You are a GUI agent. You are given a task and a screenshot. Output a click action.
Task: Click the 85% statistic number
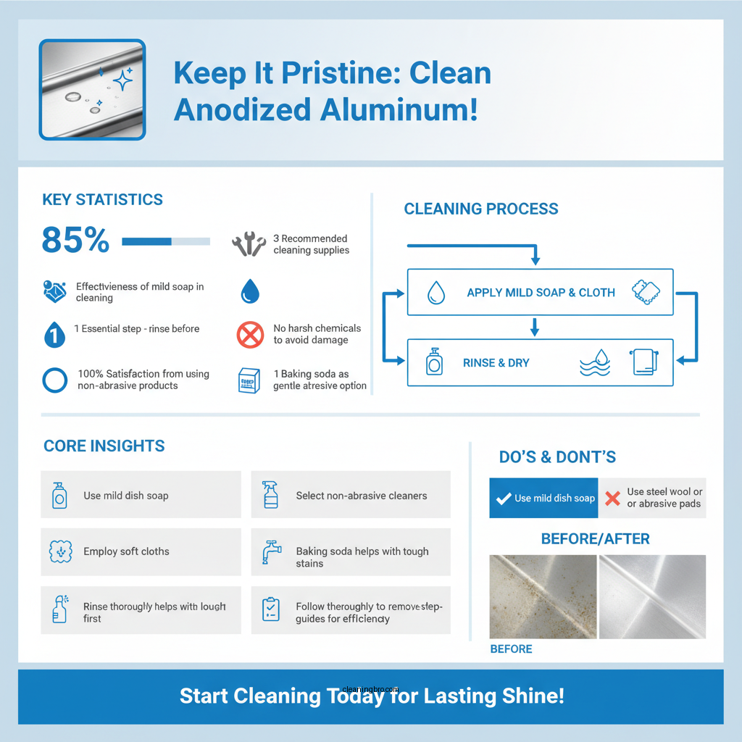click(x=75, y=241)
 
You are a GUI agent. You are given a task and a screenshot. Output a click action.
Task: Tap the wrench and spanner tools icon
click(x=249, y=244)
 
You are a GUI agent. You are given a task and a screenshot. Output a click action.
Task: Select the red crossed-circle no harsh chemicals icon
click(x=250, y=335)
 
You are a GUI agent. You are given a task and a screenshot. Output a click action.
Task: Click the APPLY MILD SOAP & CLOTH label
click(x=541, y=293)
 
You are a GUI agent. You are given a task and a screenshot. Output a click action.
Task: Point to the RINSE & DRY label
click(x=496, y=362)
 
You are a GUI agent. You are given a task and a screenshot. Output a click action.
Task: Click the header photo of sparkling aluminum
click(x=92, y=89)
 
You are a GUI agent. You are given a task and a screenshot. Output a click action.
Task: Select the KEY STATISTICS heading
click(x=102, y=200)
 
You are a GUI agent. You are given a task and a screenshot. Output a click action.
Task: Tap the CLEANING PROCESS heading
click(x=481, y=209)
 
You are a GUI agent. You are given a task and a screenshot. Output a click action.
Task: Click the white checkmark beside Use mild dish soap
click(x=503, y=499)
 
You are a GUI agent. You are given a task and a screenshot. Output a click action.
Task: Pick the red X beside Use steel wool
click(x=612, y=498)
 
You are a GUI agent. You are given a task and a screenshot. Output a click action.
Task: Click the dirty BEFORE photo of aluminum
click(x=543, y=596)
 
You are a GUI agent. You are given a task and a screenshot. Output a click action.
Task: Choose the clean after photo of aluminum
click(x=652, y=596)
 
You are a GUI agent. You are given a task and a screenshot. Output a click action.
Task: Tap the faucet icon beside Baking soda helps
click(x=271, y=552)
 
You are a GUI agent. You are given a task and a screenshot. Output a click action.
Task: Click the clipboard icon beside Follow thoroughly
click(x=270, y=609)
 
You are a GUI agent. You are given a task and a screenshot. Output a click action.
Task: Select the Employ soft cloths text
click(x=126, y=551)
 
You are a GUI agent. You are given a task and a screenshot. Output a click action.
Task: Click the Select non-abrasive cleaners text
click(x=361, y=496)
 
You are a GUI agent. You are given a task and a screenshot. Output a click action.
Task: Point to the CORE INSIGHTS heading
click(x=104, y=446)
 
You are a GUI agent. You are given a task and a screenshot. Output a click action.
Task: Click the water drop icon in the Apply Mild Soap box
click(x=435, y=293)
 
